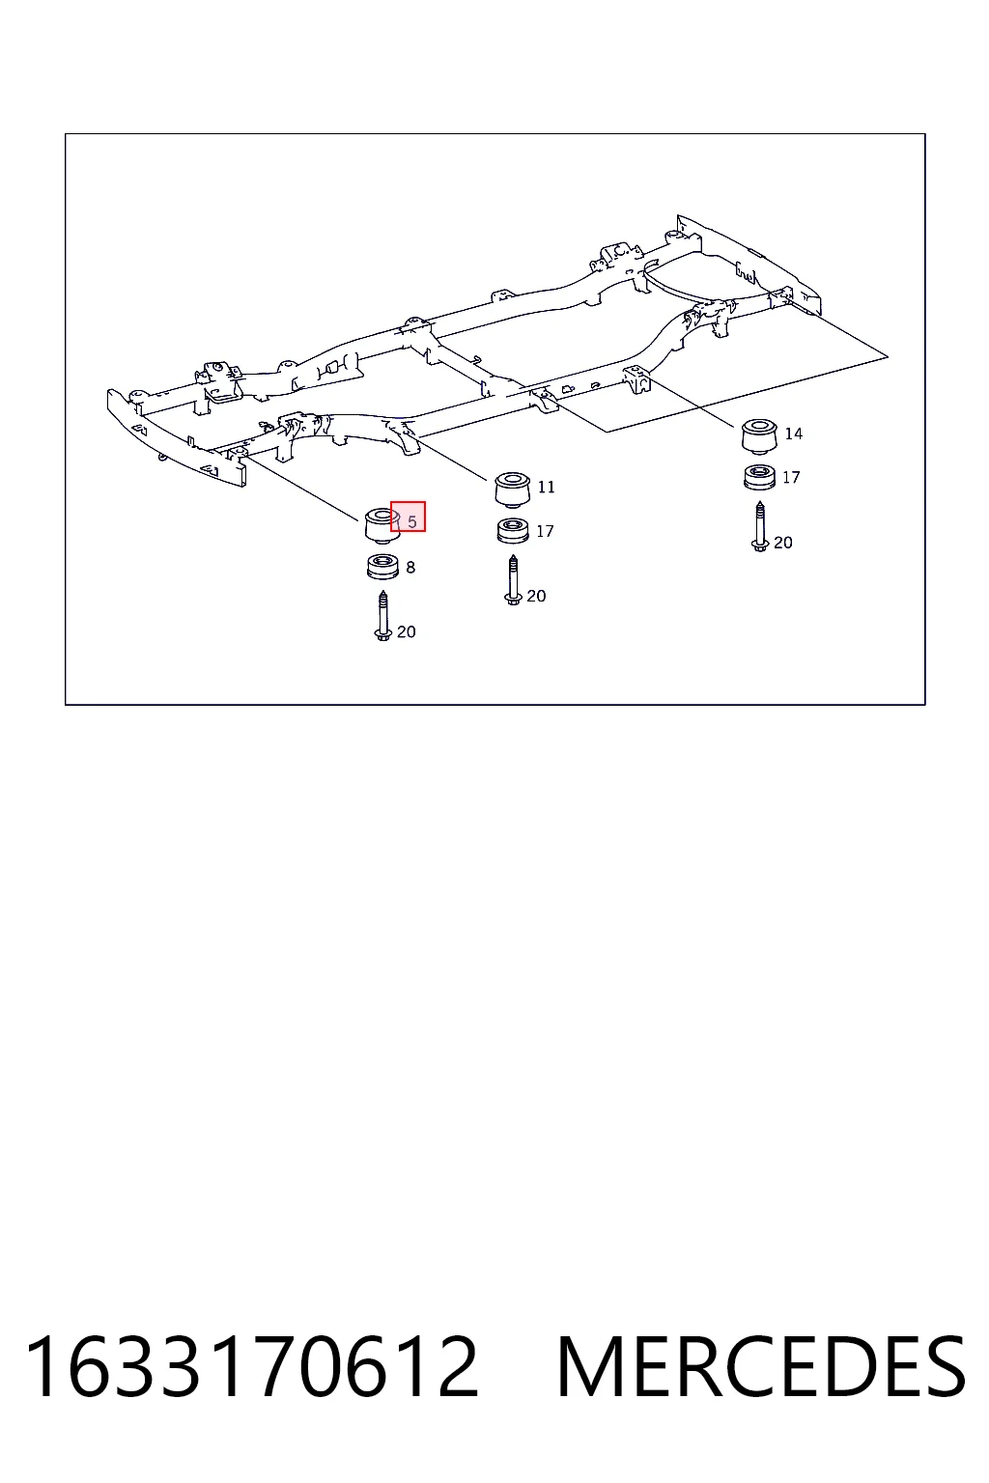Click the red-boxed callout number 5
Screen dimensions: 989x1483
412,521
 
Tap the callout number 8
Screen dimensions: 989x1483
410,568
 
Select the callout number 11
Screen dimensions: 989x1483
546,488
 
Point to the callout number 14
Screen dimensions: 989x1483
794,434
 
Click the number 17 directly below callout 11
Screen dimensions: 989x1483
545,532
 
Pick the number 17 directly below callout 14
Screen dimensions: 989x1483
791,477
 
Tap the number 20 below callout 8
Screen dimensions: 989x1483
406,632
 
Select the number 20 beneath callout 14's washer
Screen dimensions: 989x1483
783,543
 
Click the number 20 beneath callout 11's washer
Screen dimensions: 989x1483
536,597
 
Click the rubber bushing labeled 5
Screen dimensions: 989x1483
382,525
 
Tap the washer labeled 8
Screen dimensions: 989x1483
382,568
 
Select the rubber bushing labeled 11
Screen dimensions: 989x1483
513,490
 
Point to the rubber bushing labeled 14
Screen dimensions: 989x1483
758,436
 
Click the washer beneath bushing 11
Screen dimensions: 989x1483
513,532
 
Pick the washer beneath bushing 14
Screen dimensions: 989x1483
759,477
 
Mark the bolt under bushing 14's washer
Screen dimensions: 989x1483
760,527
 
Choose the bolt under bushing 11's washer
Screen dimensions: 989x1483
513,580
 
